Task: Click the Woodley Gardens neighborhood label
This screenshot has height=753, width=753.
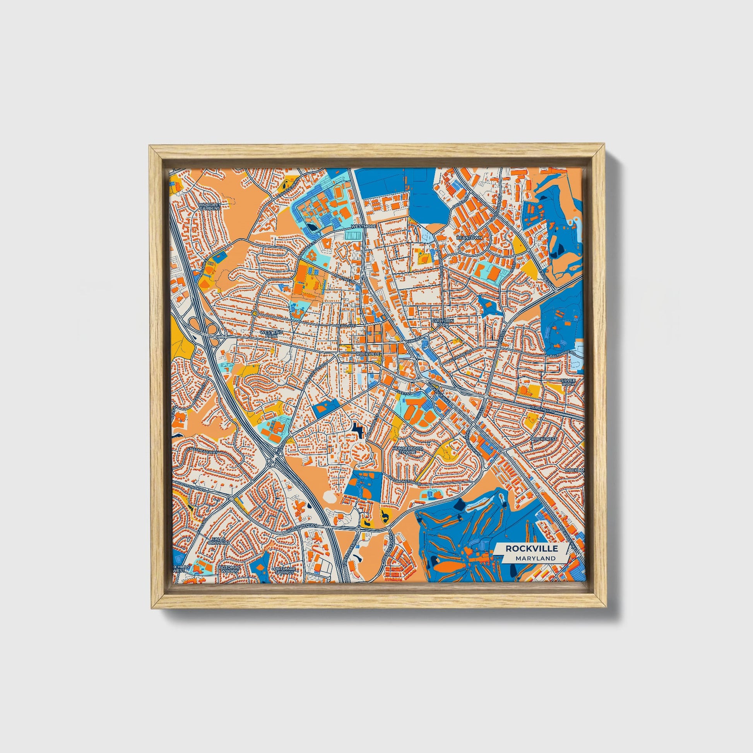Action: (210, 206)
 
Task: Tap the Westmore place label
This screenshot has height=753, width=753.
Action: (363, 226)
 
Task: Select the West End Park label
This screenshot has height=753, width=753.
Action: (269, 334)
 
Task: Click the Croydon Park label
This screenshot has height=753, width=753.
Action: (441, 322)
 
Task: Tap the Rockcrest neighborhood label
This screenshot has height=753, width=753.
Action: (544, 439)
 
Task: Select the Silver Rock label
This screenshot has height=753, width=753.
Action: (568, 382)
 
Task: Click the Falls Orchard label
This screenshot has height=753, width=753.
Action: (218, 541)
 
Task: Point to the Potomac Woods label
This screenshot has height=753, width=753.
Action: (228, 570)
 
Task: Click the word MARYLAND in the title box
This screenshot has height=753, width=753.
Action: (535, 558)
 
